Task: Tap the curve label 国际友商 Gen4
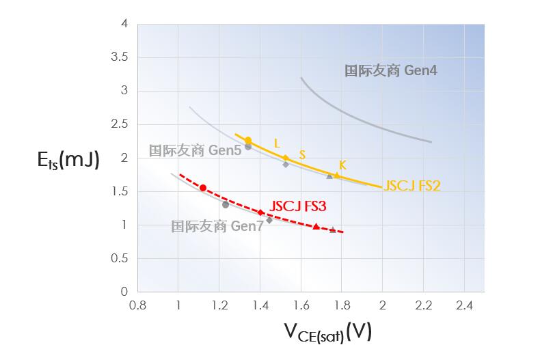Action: [x=390, y=70]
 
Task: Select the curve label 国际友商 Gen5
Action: [x=195, y=150]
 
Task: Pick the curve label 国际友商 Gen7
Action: [x=217, y=226]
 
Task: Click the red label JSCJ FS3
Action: [x=298, y=205]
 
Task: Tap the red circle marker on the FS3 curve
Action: [x=203, y=188]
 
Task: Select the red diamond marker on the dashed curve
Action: [x=260, y=212]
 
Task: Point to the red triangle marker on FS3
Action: [x=316, y=226]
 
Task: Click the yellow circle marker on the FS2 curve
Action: [x=248, y=141]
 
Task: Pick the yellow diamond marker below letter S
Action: [x=286, y=158]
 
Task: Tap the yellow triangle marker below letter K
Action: [x=336, y=176]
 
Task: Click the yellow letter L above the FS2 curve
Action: [x=277, y=143]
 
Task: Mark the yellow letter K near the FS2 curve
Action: [x=342, y=165]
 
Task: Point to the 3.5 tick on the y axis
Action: [x=119, y=57]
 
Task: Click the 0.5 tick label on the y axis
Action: [x=119, y=258]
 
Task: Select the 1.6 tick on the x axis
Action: [x=301, y=305]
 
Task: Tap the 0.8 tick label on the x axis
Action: [x=137, y=305]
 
